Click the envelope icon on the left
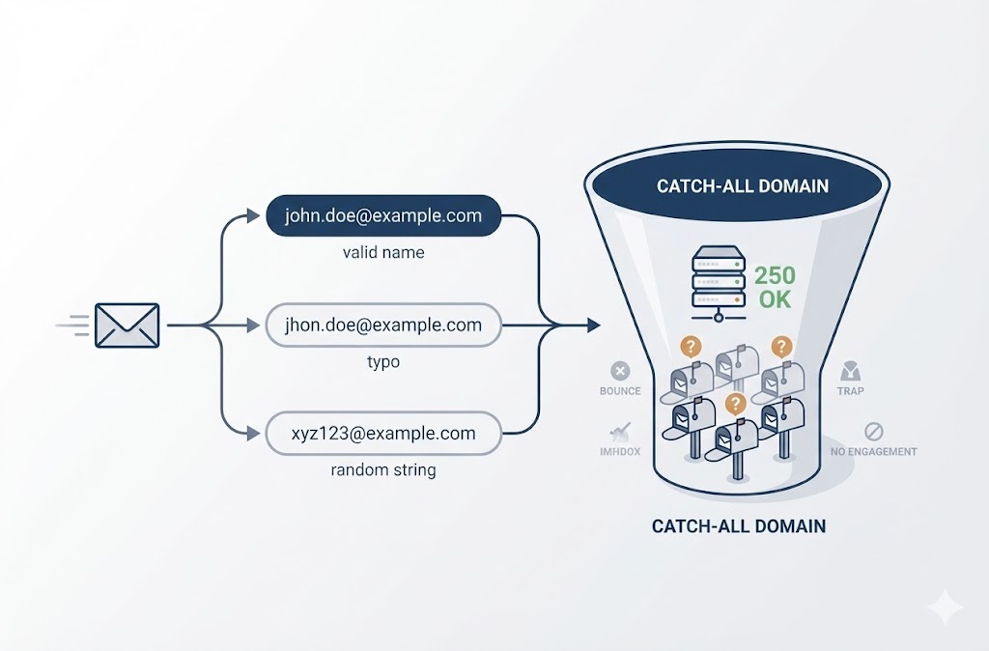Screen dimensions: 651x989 point(127,325)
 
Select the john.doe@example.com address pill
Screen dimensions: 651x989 point(383,215)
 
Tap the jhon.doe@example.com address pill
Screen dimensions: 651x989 point(383,325)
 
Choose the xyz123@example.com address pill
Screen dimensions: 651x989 point(383,434)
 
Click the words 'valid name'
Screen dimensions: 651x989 point(383,253)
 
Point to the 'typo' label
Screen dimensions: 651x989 point(383,362)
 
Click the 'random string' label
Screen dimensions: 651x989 point(383,470)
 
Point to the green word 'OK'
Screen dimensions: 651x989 point(775,299)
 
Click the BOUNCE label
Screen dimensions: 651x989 point(620,391)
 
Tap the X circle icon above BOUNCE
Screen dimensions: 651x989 point(620,371)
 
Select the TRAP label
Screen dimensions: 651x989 point(851,391)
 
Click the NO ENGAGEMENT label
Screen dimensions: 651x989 point(873,451)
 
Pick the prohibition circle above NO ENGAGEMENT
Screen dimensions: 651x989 point(873,431)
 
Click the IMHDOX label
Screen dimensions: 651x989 point(620,451)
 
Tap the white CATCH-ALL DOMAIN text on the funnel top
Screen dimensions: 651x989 point(742,185)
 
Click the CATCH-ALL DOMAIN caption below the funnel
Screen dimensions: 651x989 point(739,526)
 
